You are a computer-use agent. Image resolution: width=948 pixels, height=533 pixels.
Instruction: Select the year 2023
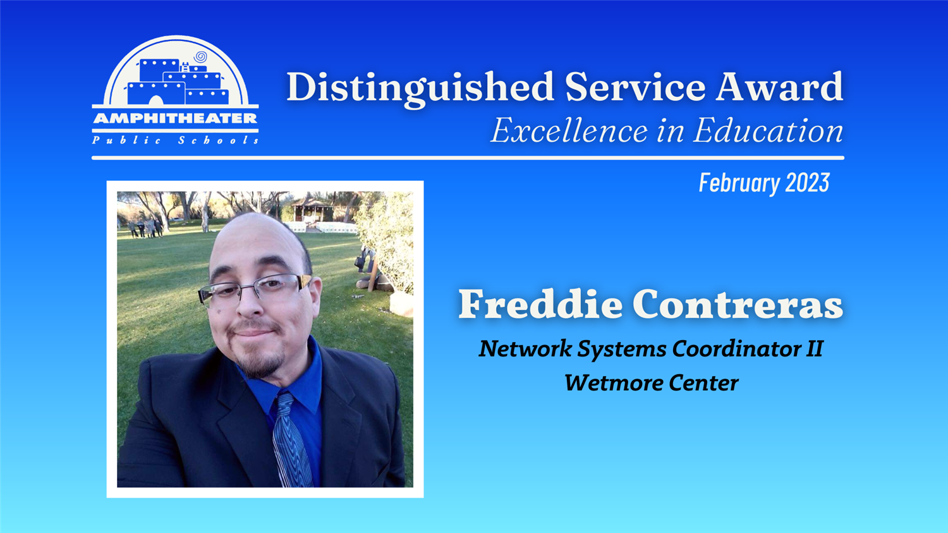pos(808,183)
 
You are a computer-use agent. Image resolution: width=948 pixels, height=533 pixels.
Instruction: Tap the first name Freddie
pos(540,303)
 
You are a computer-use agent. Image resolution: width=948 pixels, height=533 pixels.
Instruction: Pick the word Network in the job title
pos(525,349)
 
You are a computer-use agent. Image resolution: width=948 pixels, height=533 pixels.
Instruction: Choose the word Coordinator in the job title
pos(736,349)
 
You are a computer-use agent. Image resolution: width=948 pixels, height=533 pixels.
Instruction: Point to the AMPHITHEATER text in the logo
pos(175,118)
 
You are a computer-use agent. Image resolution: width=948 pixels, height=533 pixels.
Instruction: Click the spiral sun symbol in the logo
pos(200,57)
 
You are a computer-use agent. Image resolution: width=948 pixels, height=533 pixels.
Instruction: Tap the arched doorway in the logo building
pos(155,101)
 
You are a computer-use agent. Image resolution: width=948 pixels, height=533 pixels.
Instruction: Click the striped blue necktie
pos(291,440)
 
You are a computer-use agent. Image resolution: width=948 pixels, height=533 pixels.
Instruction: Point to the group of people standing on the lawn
pos(145,228)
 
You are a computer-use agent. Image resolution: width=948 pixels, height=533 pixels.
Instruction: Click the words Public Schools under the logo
pos(175,140)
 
